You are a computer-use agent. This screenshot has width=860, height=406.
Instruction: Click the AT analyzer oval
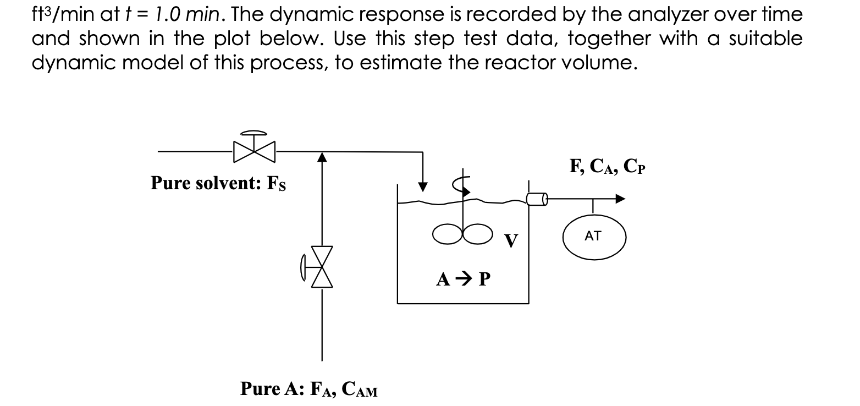tap(593, 238)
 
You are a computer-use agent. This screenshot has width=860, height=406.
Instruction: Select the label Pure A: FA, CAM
tap(308, 389)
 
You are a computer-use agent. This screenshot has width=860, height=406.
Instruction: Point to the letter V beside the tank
tap(511, 240)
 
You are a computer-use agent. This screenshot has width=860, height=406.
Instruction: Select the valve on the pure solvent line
tap(253, 149)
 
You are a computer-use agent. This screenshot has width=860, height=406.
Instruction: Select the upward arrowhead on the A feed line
tap(322, 158)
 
